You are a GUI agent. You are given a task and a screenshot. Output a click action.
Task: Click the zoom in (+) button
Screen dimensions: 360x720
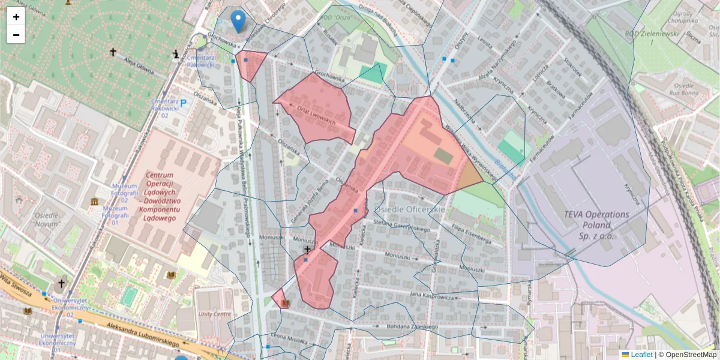point(16,17)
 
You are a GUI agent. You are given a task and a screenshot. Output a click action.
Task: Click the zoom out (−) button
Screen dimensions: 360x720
point(16,35)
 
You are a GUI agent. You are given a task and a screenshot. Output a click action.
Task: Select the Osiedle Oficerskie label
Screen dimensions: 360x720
point(410,209)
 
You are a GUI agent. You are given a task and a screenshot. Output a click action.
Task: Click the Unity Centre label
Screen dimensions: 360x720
point(215,314)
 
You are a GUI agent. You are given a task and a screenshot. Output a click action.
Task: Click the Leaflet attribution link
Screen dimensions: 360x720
point(641,355)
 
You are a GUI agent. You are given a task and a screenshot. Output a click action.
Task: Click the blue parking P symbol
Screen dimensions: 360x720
point(184,103)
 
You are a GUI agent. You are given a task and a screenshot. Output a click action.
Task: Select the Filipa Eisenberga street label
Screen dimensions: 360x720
point(471,233)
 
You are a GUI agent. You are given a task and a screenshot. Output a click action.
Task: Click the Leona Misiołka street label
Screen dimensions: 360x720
point(289,338)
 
